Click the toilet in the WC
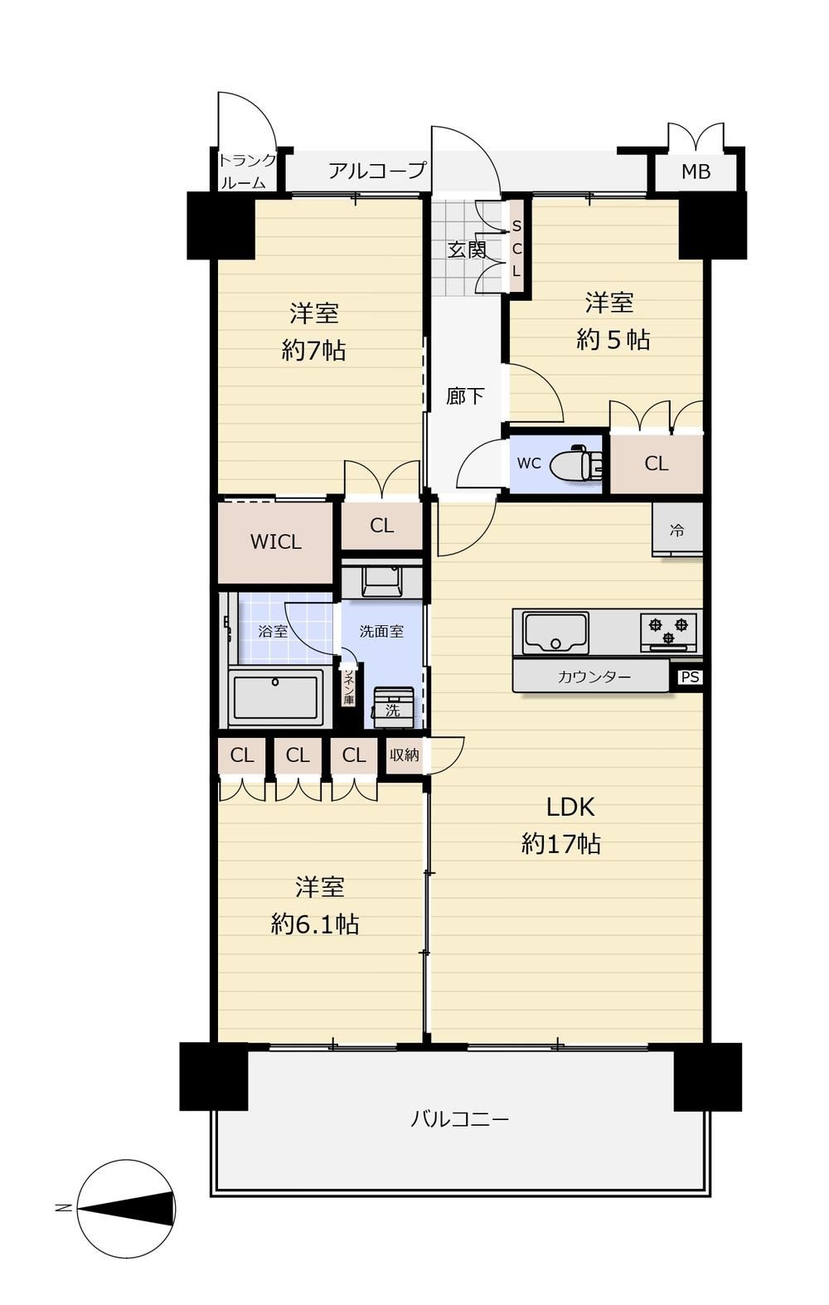click(577, 463)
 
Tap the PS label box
click(691, 677)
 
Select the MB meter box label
click(696, 172)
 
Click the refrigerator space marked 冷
click(677, 530)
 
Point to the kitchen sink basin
click(555, 633)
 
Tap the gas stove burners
click(669, 632)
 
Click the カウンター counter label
click(594, 677)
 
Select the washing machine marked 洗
click(393, 707)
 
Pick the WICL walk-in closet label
click(275, 541)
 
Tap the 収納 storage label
click(404, 755)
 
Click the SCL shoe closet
click(516, 248)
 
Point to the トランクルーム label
click(245, 172)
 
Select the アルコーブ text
click(377, 171)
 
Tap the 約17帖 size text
click(560, 843)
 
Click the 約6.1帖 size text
click(314, 924)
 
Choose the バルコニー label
click(459, 1119)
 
